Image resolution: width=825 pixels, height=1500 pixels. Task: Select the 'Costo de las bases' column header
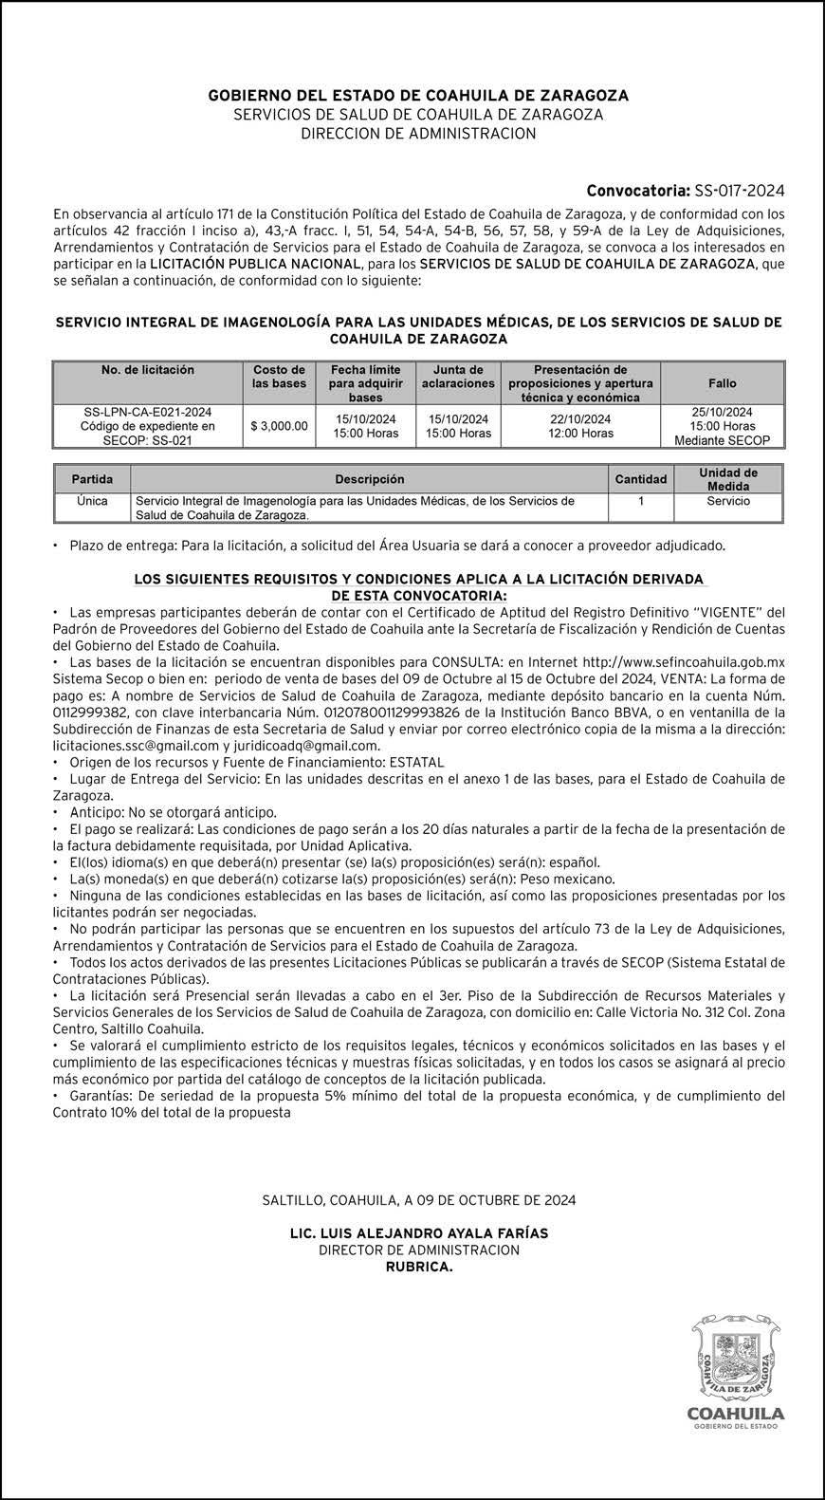279,377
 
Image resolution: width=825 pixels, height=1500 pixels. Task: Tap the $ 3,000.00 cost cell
279,426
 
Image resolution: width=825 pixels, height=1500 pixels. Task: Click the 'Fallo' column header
722,383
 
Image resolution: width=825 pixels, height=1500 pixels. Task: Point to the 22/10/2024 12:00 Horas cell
580,426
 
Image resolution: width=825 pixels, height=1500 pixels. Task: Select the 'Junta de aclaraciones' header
458,377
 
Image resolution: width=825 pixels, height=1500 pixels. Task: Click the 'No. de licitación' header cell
148,370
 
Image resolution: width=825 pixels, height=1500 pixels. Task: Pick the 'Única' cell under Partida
92,501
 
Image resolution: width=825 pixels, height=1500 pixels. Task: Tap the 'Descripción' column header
369,479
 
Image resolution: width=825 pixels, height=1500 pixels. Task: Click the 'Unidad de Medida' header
727,479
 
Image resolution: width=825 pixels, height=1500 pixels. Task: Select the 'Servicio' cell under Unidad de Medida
727,501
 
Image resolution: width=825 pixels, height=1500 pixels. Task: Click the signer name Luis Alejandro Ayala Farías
418,1233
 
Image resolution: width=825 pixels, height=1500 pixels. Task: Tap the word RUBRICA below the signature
418,1267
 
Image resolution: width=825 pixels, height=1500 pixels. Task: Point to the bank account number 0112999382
93,712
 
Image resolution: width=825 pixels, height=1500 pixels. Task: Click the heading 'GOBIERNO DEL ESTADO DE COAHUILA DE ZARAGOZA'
418,96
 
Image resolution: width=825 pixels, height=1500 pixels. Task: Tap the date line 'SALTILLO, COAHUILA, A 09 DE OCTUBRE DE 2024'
418,1200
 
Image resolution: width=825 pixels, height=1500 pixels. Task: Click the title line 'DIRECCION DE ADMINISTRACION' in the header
418,134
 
